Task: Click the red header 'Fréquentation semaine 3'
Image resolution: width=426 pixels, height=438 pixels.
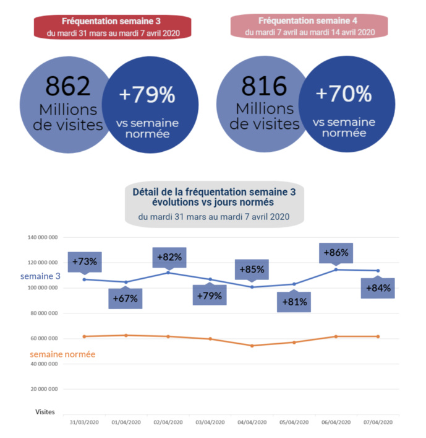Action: coord(109,27)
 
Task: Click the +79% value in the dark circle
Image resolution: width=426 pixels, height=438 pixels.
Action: coord(147,95)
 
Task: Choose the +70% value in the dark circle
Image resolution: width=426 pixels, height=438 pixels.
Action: coord(344,94)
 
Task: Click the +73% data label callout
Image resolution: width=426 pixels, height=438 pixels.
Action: coord(84,261)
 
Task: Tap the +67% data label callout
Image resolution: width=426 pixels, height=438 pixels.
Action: coord(126,299)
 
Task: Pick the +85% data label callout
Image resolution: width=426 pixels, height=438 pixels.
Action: coord(252,269)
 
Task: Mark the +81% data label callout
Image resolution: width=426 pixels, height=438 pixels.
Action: coord(293,302)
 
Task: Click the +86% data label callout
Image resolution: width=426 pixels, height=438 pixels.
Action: coord(336,253)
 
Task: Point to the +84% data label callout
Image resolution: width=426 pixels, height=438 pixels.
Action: coord(378,288)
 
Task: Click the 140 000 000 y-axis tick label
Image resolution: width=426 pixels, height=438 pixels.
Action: coord(43,237)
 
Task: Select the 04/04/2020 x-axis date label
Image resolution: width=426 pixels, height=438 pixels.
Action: coord(252,422)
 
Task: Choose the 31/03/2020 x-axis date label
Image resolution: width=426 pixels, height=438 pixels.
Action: coord(83,422)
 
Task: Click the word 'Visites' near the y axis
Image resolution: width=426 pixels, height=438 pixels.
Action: coord(45,411)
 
